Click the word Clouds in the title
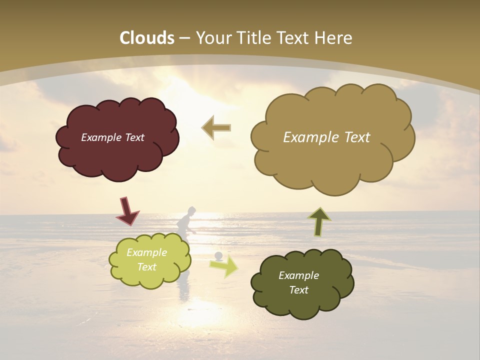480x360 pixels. coord(147,38)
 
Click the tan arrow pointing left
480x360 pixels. coord(216,128)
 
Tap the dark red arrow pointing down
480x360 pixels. coord(127,211)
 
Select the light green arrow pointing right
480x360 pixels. coord(224,266)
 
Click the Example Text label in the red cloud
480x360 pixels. coord(112,137)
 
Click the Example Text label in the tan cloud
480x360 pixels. coord(326,137)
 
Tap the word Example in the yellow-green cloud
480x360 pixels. coord(146,252)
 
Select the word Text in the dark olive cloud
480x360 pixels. coord(298,290)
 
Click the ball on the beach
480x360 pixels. coord(218,256)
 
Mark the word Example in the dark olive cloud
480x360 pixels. coord(298,275)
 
